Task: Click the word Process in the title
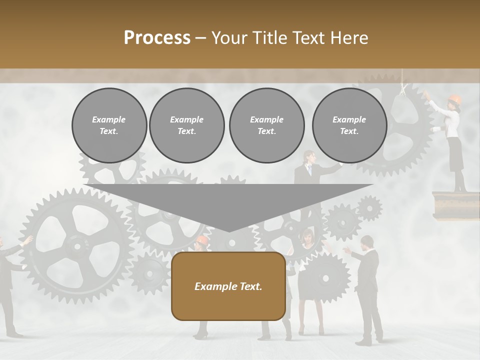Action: point(157,38)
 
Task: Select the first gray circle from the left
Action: point(109,125)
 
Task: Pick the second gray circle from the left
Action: point(186,125)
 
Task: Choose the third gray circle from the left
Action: point(266,125)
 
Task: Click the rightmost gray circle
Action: point(349,125)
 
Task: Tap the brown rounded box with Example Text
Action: point(228,286)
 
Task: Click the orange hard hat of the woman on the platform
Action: point(454,99)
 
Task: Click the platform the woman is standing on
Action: point(450,204)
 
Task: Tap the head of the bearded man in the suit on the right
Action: point(366,243)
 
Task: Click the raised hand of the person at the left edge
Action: point(27,241)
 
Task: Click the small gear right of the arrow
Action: point(369,207)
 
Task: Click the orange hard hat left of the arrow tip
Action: point(201,240)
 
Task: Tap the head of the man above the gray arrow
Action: point(308,157)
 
